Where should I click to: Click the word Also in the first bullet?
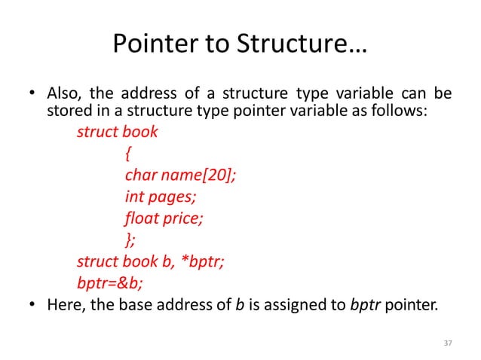pyautogui.click(x=64, y=95)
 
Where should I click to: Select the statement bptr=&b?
pyautogui.click(x=103, y=284)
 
